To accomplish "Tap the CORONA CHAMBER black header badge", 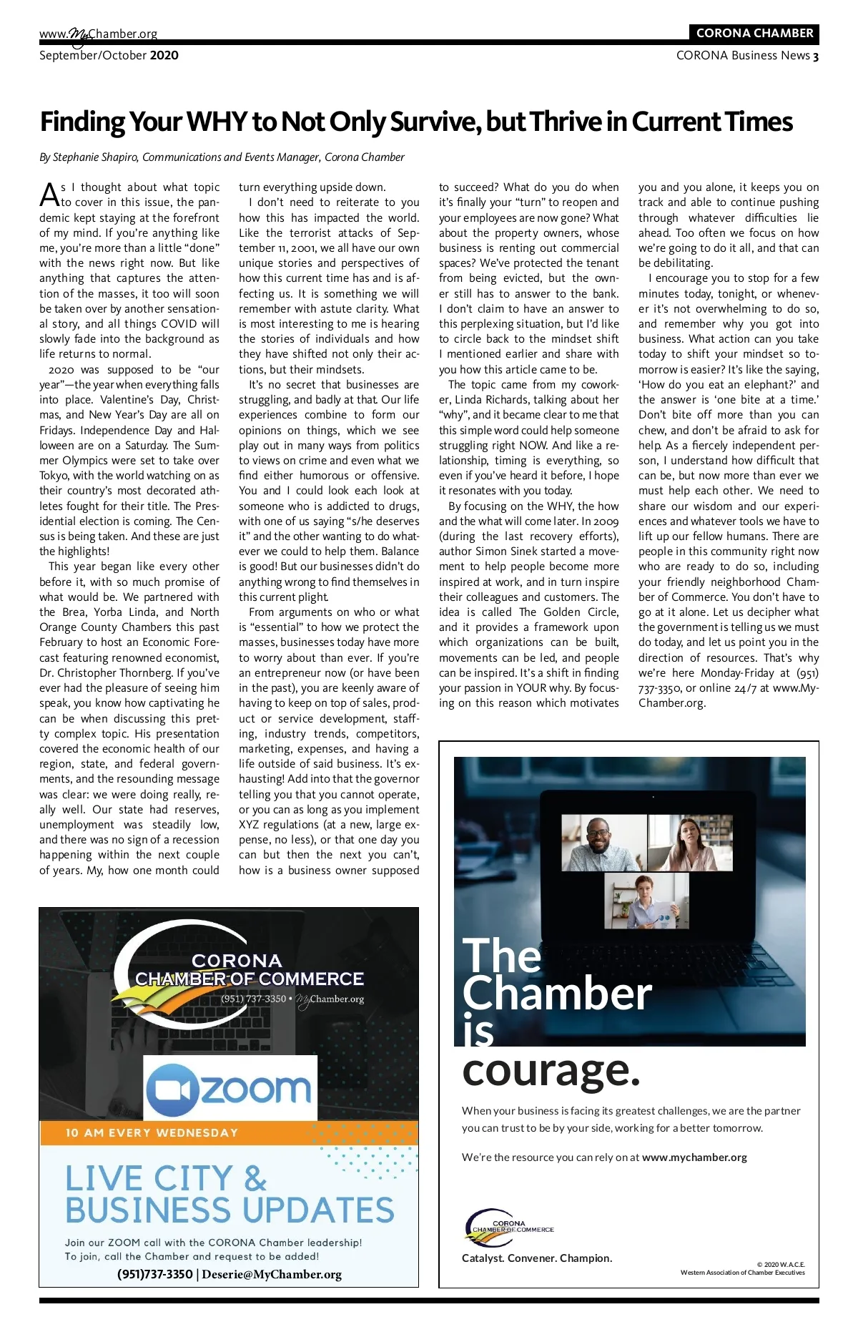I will click(x=754, y=33).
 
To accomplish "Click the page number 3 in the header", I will click(x=816, y=56).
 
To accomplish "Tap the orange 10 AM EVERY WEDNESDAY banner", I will click(x=152, y=1132).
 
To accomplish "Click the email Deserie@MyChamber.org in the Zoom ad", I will click(x=272, y=1274).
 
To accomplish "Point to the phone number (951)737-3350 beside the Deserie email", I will click(x=155, y=1274).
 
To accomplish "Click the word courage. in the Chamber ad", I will click(x=551, y=1070).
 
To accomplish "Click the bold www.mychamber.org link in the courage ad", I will click(x=694, y=1157).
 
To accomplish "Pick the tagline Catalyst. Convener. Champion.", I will click(x=537, y=1258).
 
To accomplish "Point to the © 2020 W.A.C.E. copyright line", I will click(x=780, y=1265).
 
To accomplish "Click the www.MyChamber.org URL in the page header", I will click(x=98, y=34).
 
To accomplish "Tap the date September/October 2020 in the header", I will click(x=109, y=56).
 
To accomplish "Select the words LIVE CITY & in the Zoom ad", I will click(x=166, y=1178).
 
